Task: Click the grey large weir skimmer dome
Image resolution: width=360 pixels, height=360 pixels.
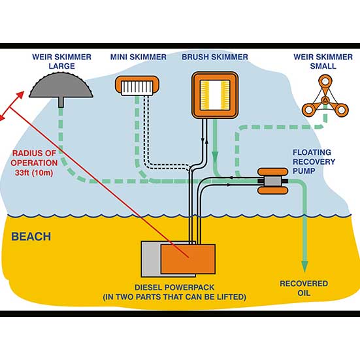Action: [x=61, y=86]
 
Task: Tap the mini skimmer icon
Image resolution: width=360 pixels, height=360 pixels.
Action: [x=137, y=86]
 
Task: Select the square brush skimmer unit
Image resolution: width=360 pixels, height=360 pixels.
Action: [x=215, y=95]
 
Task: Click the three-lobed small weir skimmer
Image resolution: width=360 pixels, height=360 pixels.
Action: [x=325, y=97]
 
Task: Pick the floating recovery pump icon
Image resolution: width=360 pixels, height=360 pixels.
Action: [x=272, y=181]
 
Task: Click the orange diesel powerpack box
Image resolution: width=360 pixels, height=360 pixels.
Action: [x=188, y=259]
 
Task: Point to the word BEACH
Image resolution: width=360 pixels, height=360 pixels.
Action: [x=31, y=237]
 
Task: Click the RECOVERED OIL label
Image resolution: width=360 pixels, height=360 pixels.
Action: [x=304, y=288]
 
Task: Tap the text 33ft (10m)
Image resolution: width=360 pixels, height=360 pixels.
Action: [x=34, y=172]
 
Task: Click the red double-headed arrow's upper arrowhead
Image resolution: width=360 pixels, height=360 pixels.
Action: [x=20, y=95]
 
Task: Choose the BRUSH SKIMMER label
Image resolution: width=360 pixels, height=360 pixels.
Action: [x=215, y=57]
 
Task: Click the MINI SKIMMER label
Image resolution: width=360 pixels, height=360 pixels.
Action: [x=139, y=57]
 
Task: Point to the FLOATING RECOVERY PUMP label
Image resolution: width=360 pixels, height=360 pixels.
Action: [x=314, y=161]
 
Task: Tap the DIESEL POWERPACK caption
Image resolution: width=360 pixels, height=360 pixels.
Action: [x=174, y=292]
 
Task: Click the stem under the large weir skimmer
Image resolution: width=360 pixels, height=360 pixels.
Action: [x=61, y=102]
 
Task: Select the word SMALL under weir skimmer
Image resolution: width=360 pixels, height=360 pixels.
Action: [x=323, y=66]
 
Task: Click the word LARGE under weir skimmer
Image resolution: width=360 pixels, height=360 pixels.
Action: [x=62, y=66]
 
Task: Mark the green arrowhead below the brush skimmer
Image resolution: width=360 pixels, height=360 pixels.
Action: [x=215, y=157]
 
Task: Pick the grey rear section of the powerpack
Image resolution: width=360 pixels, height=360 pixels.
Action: [x=151, y=259]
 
